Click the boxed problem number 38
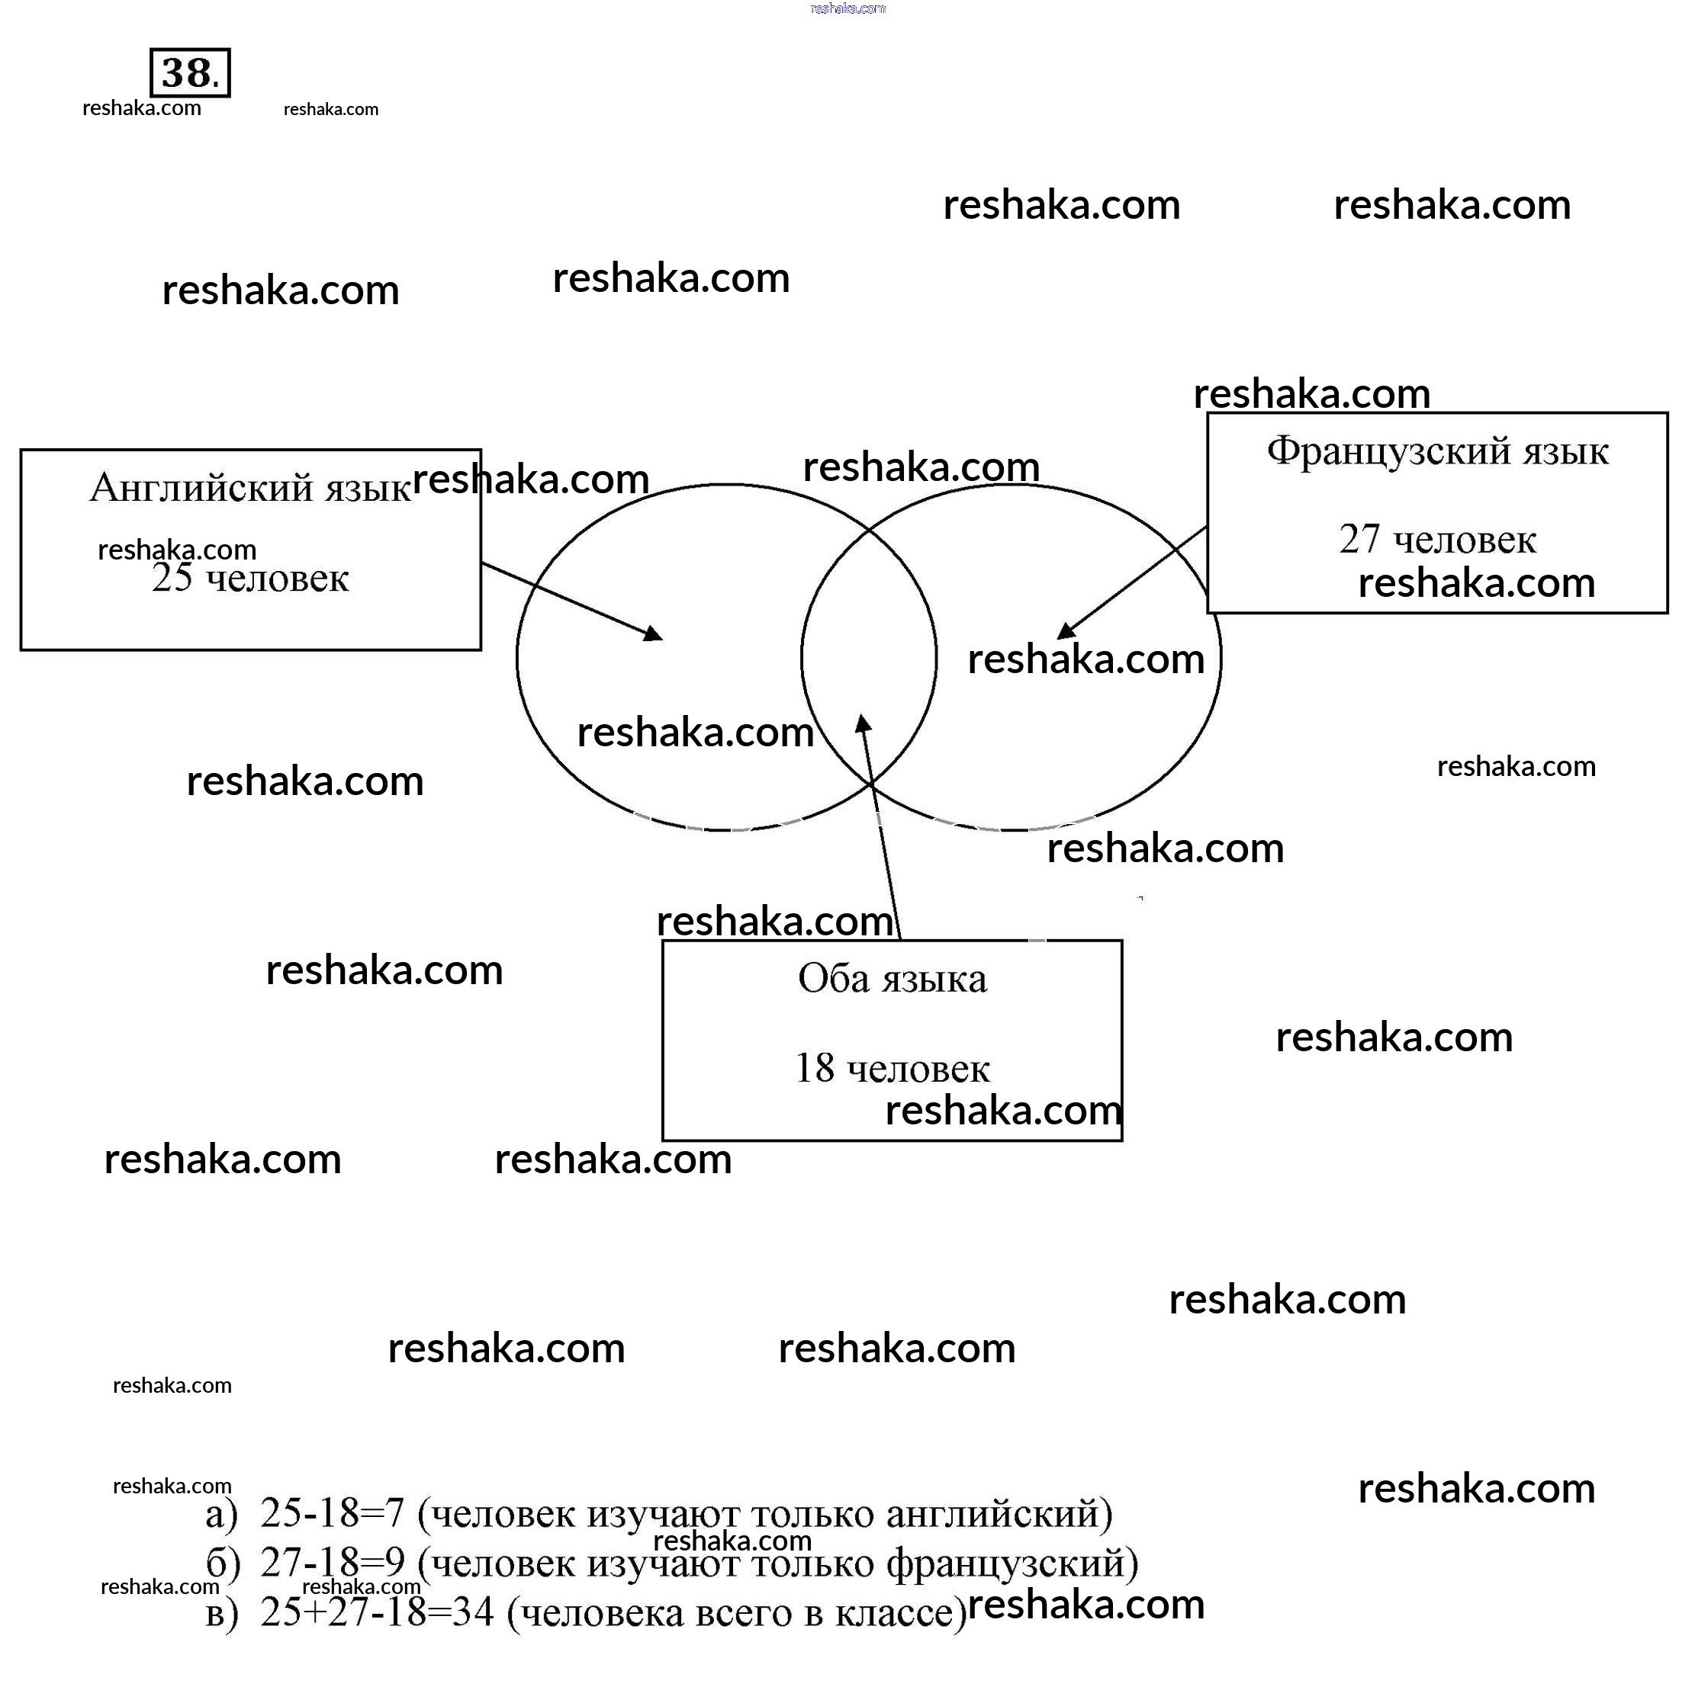pyautogui.click(x=190, y=72)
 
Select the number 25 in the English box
pyautogui.click(x=171, y=579)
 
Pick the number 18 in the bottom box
pyautogui.click(x=814, y=1068)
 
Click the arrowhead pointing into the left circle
pyautogui.click(x=654, y=633)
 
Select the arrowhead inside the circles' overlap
pyautogui.click(x=864, y=723)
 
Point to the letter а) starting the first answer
pyautogui.click(x=221, y=1512)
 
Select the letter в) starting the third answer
pyautogui.click(x=221, y=1612)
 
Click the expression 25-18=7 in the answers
pyautogui.click(x=332, y=1512)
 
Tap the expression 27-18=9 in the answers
pyautogui.click(x=332, y=1563)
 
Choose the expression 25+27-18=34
pyautogui.click(x=377, y=1612)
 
